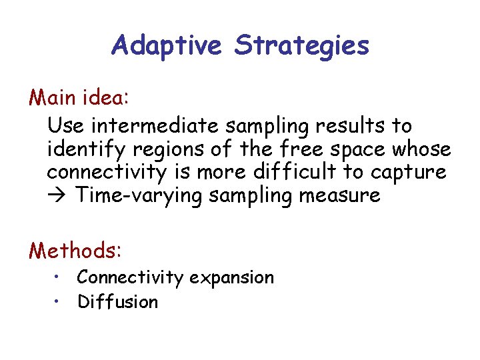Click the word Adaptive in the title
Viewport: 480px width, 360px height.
point(167,45)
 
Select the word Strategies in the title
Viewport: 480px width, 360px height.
point(301,45)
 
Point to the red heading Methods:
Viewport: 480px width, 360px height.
point(75,251)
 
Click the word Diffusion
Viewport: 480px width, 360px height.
point(117,301)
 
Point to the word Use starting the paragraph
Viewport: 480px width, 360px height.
point(64,125)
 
